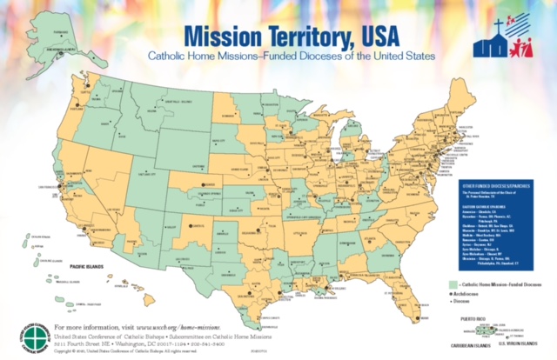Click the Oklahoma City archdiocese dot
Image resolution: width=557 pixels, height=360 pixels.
pos(272,229)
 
